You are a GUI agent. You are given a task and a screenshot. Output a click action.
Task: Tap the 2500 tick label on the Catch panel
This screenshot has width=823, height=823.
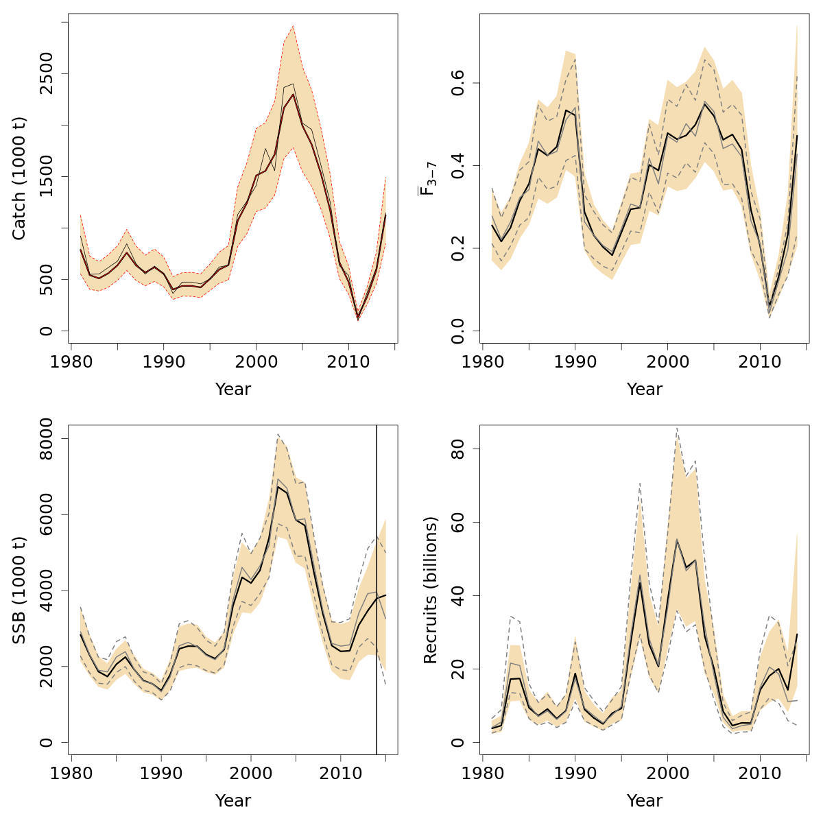coord(46,73)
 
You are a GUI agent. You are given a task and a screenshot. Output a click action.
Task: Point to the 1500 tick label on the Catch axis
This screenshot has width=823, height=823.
coord(46,176)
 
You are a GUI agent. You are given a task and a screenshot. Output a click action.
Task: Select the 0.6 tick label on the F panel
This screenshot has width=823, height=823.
coord(457,83)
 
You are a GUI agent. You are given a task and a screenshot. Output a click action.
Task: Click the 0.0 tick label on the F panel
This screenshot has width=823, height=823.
coord(457,331)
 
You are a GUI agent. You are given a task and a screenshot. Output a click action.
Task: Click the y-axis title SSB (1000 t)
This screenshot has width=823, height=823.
coord(19,590)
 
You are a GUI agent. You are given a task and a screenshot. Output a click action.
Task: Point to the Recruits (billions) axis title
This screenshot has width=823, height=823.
coord(430,590)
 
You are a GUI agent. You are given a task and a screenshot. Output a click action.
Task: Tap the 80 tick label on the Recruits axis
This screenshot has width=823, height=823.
coord(457,449)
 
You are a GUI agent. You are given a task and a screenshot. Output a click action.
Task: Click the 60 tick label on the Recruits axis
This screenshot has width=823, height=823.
coord(457,522)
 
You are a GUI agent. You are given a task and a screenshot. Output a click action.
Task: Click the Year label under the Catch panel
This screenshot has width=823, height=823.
coord(233,390)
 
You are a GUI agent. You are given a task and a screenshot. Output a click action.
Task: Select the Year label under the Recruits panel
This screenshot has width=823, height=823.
coord(645,800)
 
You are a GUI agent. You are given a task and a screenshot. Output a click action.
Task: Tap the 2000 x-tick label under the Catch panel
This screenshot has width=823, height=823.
coord(256,361)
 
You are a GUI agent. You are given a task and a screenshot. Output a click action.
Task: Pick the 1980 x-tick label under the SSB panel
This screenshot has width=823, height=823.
coord(71,773)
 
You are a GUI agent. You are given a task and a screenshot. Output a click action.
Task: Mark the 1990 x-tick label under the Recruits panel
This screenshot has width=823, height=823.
coord(575,773)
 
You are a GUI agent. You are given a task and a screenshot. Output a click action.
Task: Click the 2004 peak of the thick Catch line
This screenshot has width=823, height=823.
coord(293,94)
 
